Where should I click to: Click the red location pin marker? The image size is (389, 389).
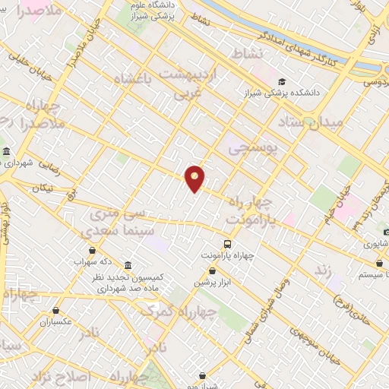point(195,179)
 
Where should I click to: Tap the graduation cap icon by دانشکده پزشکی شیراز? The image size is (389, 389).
point(283,81)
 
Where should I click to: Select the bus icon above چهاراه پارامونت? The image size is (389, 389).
point(227,243)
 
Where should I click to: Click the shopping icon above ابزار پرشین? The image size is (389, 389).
point(210,270)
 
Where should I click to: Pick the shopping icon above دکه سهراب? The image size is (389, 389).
point(92,250)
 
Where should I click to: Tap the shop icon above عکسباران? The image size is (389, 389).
point(57,310)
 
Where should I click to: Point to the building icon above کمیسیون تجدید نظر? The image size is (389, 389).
point(128,266)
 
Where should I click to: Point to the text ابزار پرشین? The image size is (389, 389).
point(210,282)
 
